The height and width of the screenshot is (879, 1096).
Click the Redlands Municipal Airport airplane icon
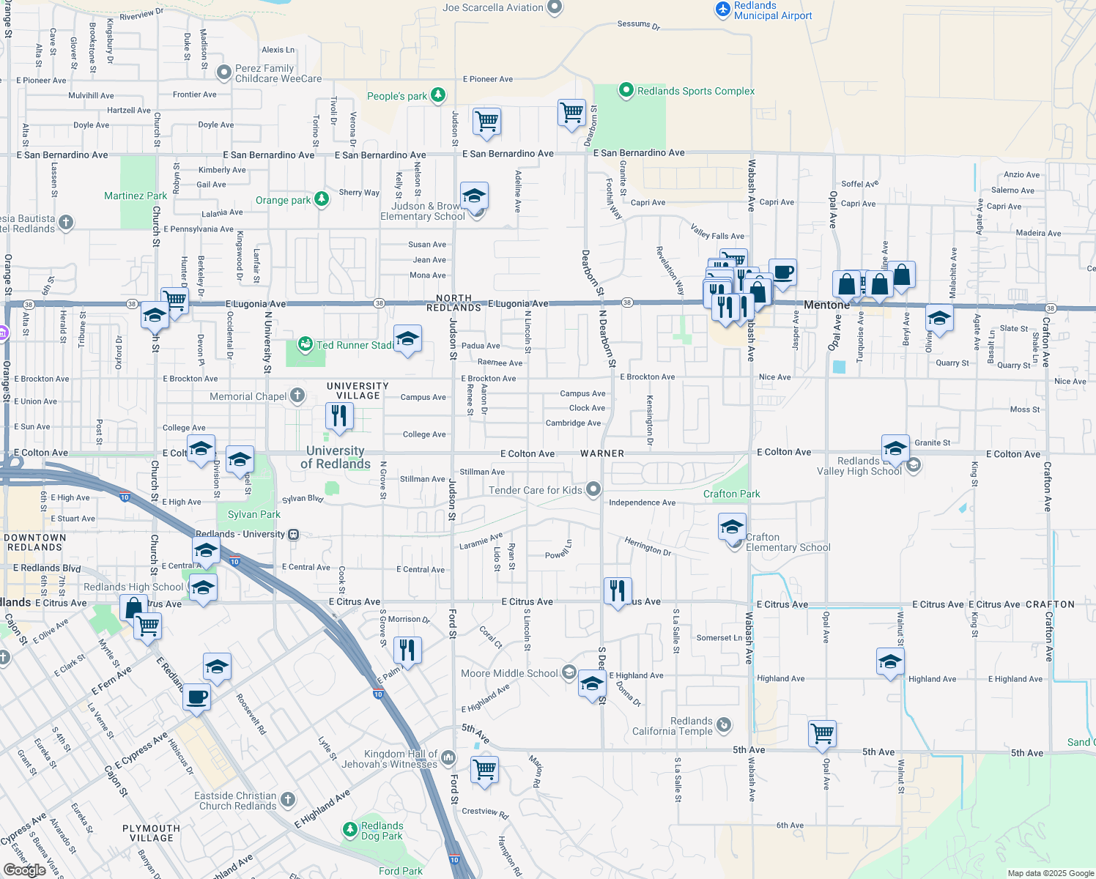coord(723,10)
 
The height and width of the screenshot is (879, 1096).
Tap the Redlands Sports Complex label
coord(695,91)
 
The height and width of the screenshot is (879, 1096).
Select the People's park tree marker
coord(438,95)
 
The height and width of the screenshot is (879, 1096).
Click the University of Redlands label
coord(336,457)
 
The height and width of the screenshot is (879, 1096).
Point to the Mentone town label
coord(826,305)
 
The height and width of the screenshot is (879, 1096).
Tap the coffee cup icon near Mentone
coord(782,272)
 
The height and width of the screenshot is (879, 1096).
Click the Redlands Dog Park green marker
coord(350,831)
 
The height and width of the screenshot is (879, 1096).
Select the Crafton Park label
coord(731,494)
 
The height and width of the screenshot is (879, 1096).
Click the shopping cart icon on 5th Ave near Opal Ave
coord(822,732)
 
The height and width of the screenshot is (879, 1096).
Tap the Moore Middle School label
coord(509,673)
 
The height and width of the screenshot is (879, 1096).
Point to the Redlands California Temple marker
coord(723,725)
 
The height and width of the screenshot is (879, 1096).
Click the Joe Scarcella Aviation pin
coord(555,7)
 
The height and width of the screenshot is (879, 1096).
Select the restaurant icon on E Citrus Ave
coord(618,590)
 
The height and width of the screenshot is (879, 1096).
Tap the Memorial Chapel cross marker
coord(297,396)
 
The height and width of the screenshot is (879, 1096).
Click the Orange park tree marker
coord(321,199)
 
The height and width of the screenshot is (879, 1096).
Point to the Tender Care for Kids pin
coord(593,489)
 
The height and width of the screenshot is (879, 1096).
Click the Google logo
coord(25,869)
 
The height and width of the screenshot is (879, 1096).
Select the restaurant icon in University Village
coord(338,416)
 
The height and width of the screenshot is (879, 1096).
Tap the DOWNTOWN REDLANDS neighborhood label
coord(35,542)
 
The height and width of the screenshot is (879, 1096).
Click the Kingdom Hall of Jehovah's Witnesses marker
coord(448,757)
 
